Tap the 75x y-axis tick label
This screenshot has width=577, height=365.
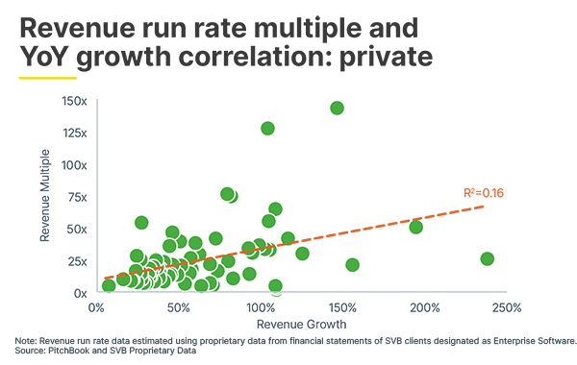(76, 197)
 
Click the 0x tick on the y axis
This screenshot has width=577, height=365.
(79, 292)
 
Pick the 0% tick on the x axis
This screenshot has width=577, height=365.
(95, 308)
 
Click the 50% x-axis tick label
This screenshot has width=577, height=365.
(177, 308)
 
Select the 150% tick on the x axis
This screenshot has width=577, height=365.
(341, 308)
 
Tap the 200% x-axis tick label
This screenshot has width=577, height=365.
(424, 308)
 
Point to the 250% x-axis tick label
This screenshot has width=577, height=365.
(506, 308)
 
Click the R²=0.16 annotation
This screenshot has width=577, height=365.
(484, 193)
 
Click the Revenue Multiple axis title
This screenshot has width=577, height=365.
(44, 196)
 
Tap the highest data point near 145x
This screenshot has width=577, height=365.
(337, 108)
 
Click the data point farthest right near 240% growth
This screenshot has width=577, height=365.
(487, 258)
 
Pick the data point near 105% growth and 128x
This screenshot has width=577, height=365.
(267, 128)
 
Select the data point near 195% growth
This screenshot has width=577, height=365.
(415, 227)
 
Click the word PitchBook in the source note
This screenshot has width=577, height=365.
(65, 350)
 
